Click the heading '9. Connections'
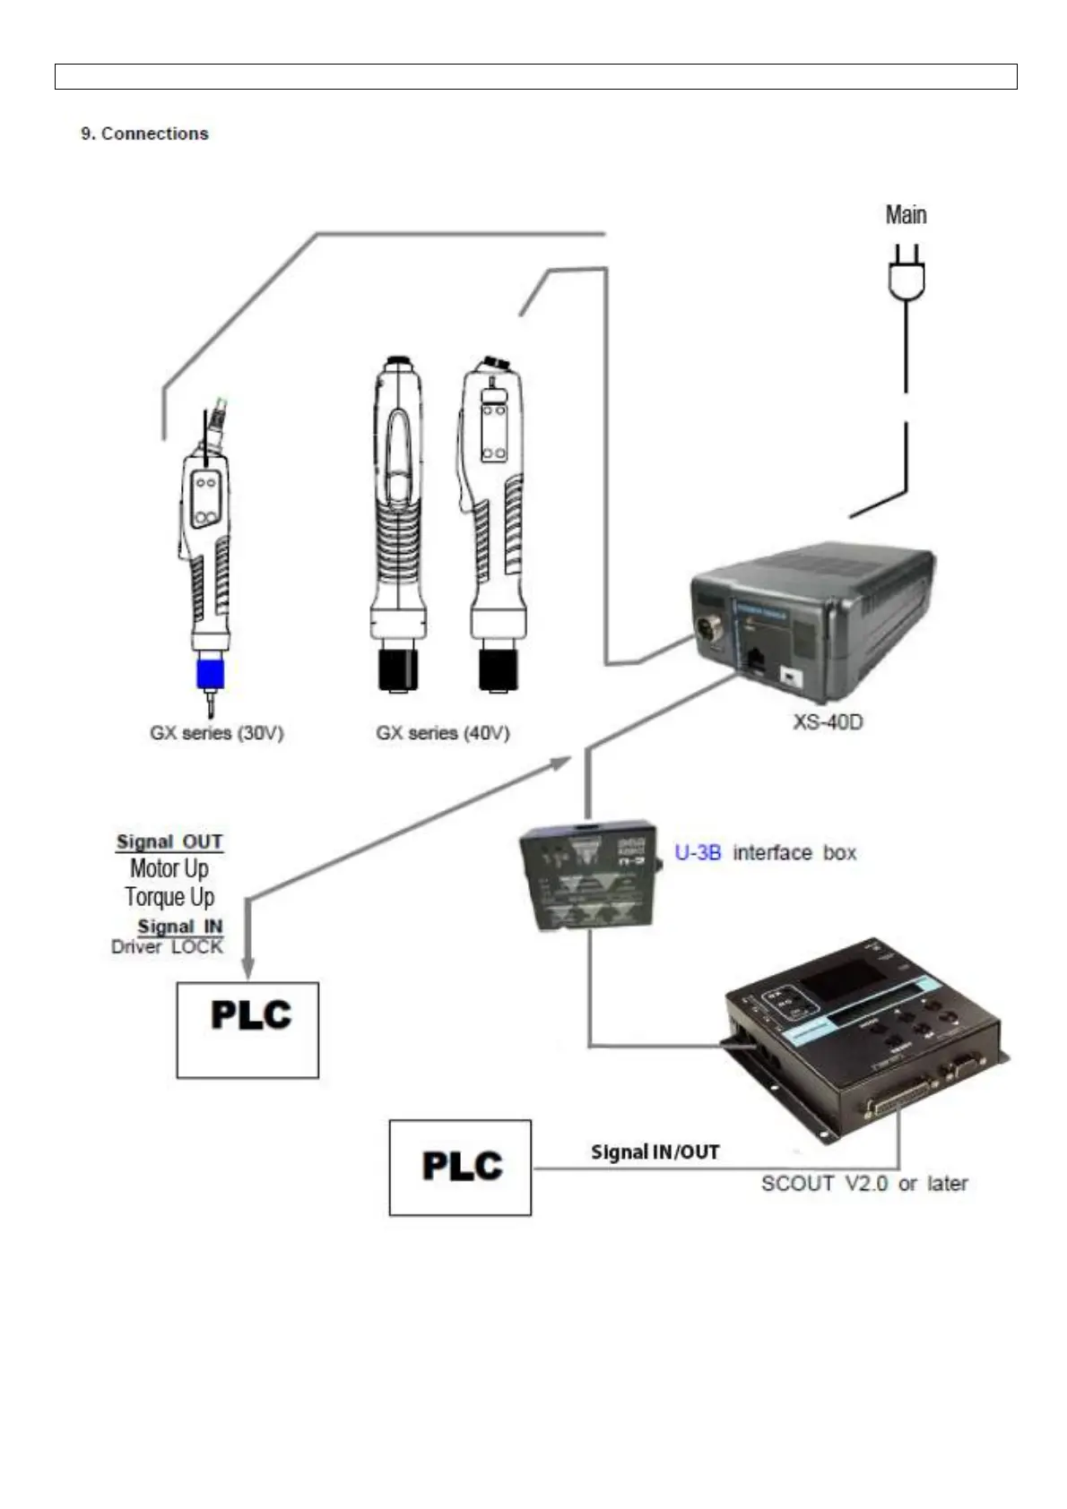144,134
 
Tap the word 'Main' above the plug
906,215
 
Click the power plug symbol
907,274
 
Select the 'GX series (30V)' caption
216,733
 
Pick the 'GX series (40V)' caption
442,733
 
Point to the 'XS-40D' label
828,721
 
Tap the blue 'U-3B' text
697,852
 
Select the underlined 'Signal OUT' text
169,841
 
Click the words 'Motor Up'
169,868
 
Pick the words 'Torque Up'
169,897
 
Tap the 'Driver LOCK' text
167,946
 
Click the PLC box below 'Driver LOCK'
247,1030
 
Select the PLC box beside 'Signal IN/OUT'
460,1167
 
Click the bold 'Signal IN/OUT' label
655,1152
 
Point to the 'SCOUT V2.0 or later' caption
864,1184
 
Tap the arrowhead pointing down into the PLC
247,969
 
